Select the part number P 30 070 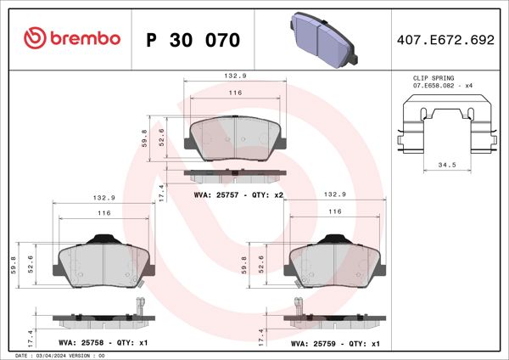(x=193, y=40)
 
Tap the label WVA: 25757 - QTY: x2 (x=238, y=194)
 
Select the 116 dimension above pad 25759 (x=334, y=211)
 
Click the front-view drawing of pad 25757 (x=235, y=138)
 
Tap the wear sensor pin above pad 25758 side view (x=136, y=308)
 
